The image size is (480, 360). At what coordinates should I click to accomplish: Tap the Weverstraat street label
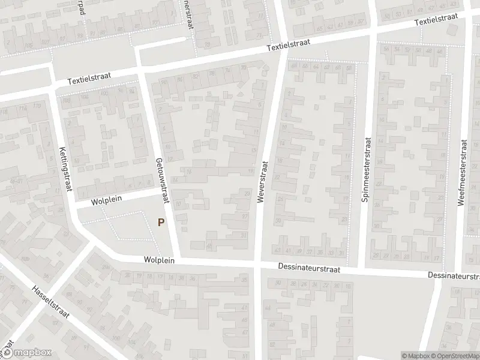point(262,182)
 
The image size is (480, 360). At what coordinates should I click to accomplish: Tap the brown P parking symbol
point(160,222)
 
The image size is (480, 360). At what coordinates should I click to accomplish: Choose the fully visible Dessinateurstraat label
point(310,269)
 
